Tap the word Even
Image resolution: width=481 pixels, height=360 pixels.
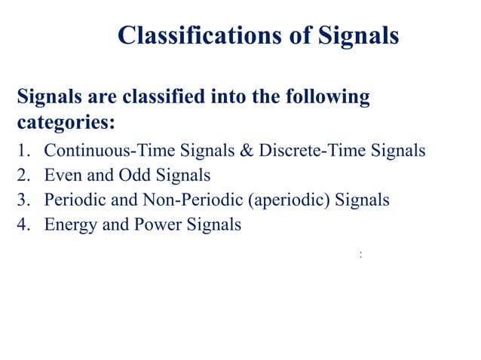click(62, 175)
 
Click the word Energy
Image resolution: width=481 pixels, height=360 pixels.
click(67, 225)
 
